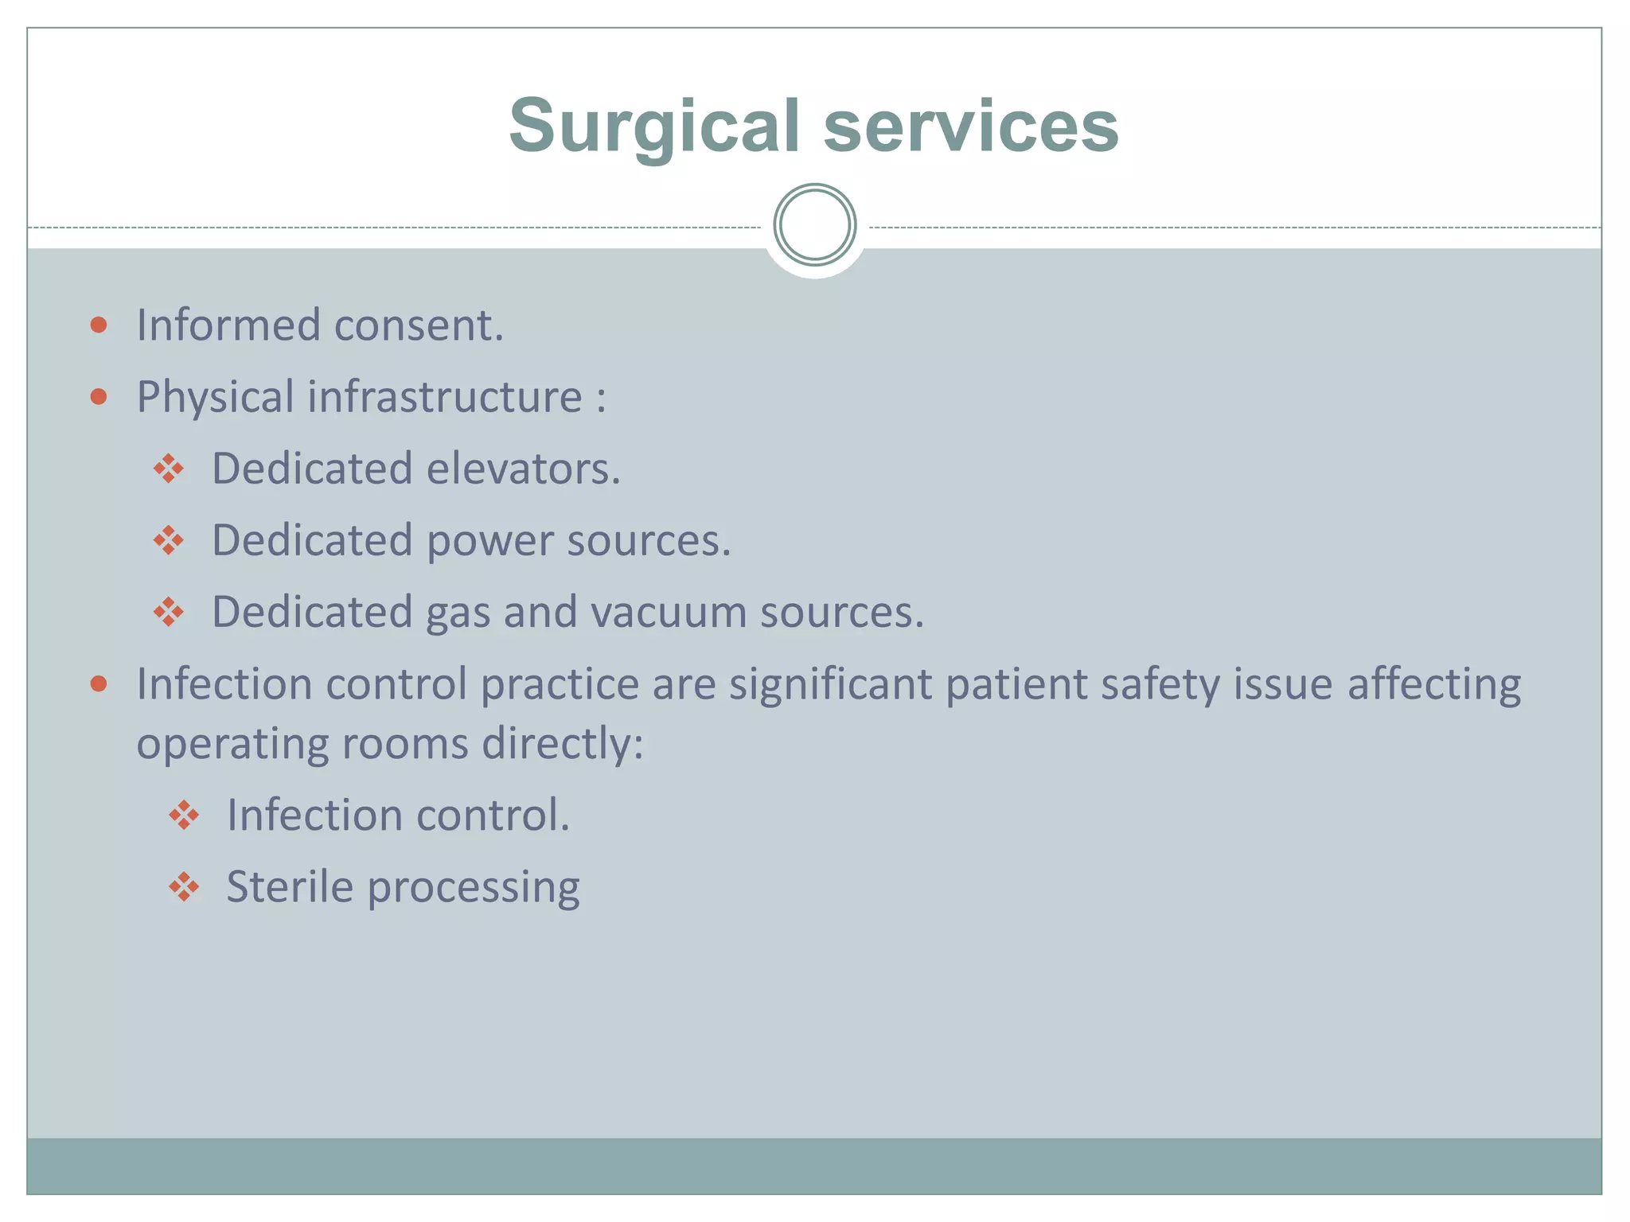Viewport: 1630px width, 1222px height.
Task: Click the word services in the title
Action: coord(971,127)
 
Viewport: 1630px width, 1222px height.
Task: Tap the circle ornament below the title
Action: coord(814,225)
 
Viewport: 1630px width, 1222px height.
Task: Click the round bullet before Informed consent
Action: coord(99,325)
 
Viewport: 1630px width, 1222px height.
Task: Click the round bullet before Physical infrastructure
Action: coord(99,396)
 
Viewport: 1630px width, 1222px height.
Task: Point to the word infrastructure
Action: coord(445,396)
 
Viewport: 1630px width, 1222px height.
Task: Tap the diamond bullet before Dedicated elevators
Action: coord(169,469)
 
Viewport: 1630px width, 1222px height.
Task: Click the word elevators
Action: coord(523,469)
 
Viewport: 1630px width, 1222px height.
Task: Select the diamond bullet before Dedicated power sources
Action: coord(169,541)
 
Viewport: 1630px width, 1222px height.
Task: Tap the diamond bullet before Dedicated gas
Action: coord(169,613)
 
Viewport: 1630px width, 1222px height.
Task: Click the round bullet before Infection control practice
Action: coord(99,684)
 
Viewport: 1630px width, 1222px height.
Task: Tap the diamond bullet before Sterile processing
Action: coord(184,887)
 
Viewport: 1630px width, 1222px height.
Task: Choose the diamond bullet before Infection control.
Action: coord(184,815)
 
